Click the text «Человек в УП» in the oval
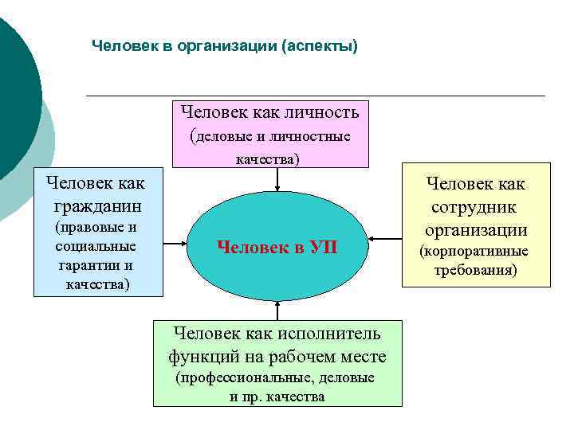coord(277,247)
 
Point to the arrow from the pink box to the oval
coord(277,180)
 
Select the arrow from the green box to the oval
coord(277,310)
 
